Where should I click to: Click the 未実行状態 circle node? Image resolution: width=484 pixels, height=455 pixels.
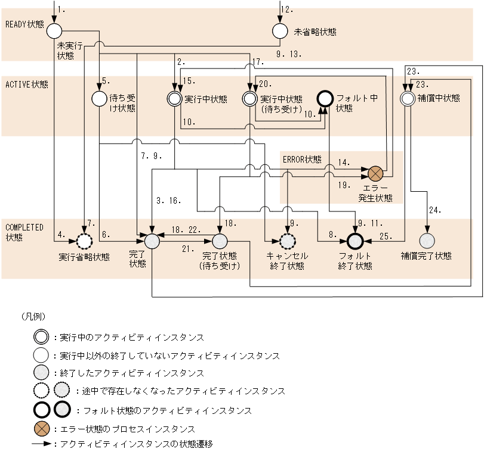pos(55,30)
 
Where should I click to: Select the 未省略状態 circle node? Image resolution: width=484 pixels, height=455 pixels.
pos(280,30)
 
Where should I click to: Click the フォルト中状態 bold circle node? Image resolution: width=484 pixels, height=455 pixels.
pos(324,98)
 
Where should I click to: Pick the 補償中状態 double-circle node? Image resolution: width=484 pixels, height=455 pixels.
pos(407,98)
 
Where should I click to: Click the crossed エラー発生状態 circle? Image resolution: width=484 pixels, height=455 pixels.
pos(375,174)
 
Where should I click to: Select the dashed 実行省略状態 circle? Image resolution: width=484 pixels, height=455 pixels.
pos(84,241)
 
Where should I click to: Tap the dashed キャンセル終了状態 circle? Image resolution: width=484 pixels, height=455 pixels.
pos(288,241)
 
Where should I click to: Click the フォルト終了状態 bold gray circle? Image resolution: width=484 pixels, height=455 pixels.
pos(355,241)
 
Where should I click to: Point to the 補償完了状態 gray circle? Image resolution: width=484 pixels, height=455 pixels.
pos(427,241)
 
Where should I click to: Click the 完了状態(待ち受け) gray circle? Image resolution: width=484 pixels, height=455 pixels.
pos(220,241)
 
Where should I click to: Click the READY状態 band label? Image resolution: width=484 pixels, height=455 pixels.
pos(24,24)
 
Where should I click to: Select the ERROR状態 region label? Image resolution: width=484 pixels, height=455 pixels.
pos(302,159)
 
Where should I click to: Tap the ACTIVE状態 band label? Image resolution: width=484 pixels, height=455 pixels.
pos(26,84)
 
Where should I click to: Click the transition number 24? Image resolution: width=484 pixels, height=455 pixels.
pos(434,210)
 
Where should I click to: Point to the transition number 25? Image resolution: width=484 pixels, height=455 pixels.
pos(386,236)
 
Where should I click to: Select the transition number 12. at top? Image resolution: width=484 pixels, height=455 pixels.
pos(287,10)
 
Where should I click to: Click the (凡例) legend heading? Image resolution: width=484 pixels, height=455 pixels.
pos(33,316)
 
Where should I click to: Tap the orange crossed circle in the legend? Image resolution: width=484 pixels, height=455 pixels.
pos(42,429)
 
